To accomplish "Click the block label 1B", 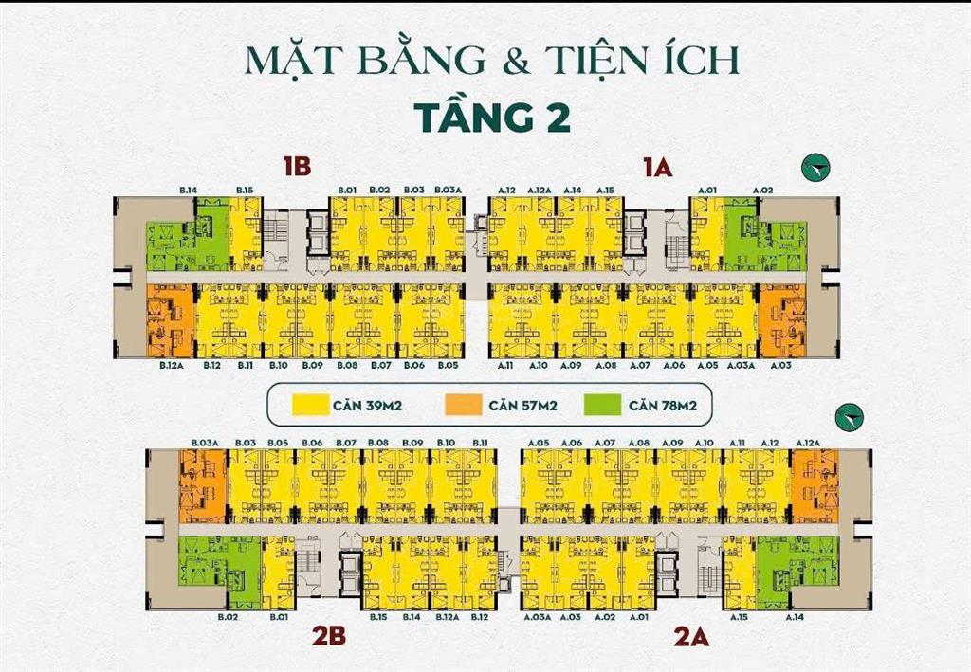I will pyautogui.click(x=296, y=168).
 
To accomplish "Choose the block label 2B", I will pyautogui.click(x=329, y=636).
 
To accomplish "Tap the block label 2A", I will pyautogui.click(x=691, y=636).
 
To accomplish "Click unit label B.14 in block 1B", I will pyautogui.click(x=188, y=191).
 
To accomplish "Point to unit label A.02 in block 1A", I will pyautogui.click(x=762, y=191).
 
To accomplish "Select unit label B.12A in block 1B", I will pyautogui.click(x=171, y=365).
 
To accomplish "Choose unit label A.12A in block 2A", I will pyautogui.click(x=808, y=443).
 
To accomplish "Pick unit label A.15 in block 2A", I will pyautogui.click(x=740, y=617).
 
